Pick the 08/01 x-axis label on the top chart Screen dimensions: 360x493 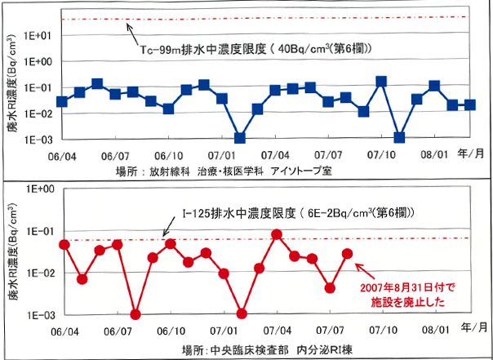pos(433,154)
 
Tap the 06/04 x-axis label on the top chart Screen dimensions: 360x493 pos(63,154)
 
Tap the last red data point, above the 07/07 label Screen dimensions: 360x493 pos(347,254)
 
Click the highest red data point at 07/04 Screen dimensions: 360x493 pos(277,234)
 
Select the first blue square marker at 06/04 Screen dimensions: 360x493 pos(62,101)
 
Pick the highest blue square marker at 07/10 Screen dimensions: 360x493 pos(381,82)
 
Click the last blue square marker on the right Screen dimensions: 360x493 pos(469,104)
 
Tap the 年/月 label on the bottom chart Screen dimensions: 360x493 pos(473,326)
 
